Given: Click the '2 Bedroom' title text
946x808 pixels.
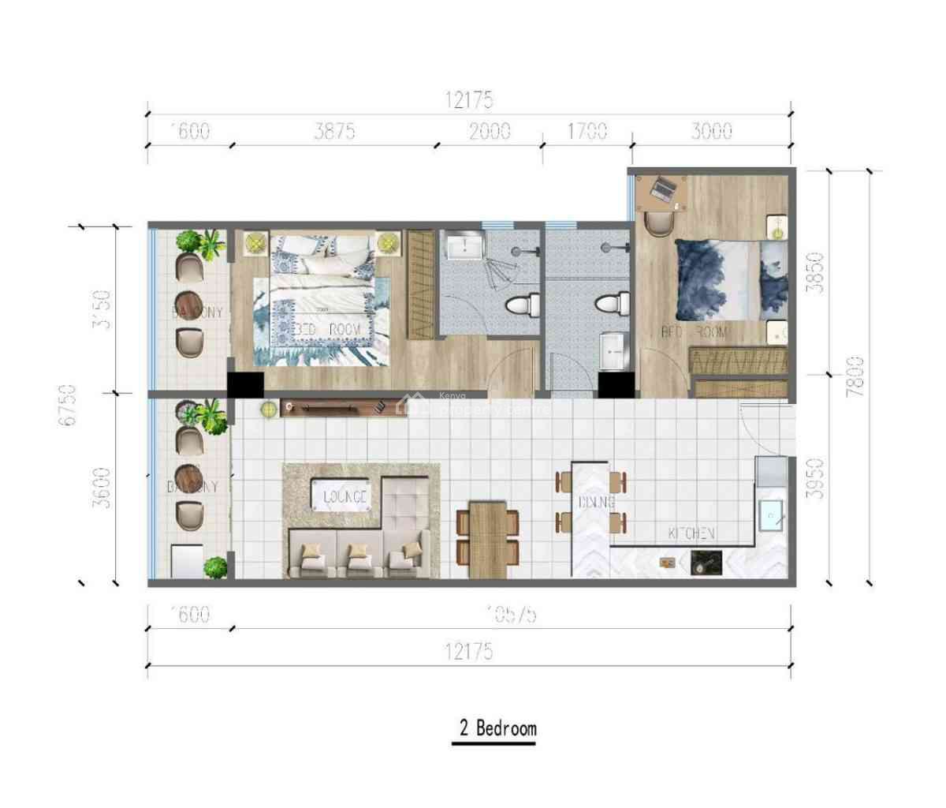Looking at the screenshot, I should coord(497,728).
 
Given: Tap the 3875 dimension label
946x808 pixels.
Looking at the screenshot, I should coord(334,131).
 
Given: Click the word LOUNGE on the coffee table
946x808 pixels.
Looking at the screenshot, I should coord(345,497).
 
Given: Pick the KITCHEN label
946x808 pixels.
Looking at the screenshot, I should coord(691,533).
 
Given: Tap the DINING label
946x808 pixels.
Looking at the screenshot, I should coord(596,502).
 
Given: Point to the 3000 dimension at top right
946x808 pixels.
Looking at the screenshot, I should coord(711,131).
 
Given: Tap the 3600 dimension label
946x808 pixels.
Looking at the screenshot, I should coord(101,488).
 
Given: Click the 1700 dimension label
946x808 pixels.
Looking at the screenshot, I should coord(587,131).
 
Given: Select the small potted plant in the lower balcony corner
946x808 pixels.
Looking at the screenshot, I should coord(214,567).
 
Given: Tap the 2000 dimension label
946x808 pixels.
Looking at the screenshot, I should coord(490,131).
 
